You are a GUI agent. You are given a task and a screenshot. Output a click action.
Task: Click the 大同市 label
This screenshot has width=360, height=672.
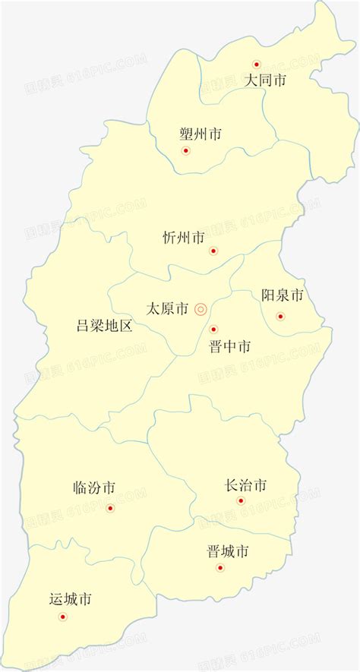(x=265, y=80)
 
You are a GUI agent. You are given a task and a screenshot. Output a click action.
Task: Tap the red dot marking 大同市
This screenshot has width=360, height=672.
(x=257, y=65)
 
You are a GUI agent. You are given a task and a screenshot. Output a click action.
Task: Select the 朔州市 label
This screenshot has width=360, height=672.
(x=201, y=134)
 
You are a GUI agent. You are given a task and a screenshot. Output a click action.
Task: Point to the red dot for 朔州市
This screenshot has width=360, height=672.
(x=186, y=150)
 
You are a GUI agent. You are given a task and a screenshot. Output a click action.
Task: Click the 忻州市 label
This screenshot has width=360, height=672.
(x=184, y=238)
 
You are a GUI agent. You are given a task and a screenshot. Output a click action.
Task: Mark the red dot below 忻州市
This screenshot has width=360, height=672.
(x=213, y=251)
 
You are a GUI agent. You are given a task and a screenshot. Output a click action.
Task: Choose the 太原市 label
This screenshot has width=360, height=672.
(x=167, y=309)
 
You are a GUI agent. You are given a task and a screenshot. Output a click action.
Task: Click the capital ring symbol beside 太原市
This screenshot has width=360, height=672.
(x=201, y=309)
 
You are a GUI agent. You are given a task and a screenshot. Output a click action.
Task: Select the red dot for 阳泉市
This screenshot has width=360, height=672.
(x=280, y=316)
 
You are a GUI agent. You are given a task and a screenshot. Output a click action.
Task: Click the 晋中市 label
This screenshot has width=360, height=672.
(x=229, y=347)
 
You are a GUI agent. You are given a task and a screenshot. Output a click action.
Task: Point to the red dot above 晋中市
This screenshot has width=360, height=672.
(x=213, y=330)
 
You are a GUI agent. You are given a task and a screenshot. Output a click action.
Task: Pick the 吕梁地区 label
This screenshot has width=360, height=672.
(x=104, y=327)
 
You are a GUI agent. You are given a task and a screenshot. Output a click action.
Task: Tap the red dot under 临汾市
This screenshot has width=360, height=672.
(x=110, y=508)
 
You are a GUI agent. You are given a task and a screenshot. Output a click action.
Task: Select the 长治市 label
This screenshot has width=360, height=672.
(x=246, y=485)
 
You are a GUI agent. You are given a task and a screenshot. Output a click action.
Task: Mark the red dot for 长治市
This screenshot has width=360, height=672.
(x=241, y=500)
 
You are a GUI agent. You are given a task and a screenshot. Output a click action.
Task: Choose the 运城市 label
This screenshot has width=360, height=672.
(x=70, y=599)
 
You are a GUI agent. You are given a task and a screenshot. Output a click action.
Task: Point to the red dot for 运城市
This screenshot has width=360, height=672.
(x=62, y=616)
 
